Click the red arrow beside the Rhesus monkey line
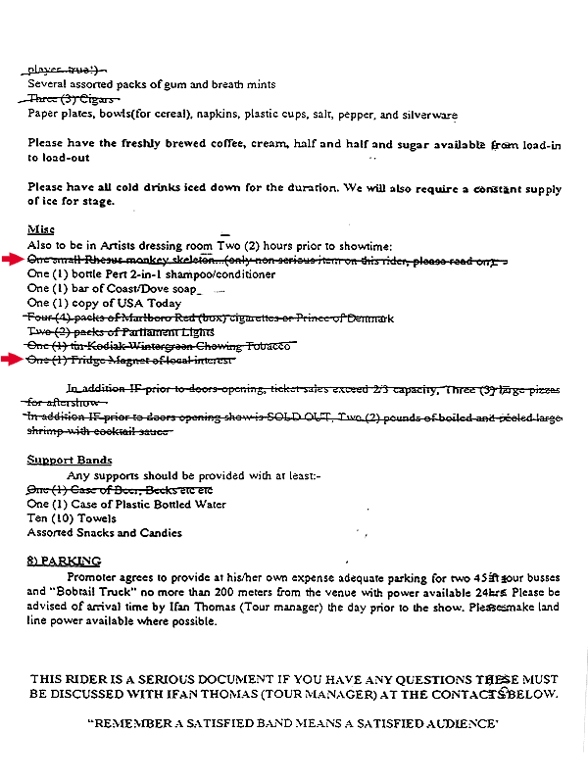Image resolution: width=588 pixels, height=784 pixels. pos(12,259)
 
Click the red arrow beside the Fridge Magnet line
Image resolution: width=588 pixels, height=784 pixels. pos(12,360)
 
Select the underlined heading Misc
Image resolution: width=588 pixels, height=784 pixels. pos(40,229)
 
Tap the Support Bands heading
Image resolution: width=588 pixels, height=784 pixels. pos(69,460)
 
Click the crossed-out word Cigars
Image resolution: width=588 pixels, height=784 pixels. pos(96,100)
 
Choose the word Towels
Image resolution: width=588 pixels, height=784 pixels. pos(94,518)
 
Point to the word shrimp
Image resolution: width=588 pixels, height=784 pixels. pos(47,431)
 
